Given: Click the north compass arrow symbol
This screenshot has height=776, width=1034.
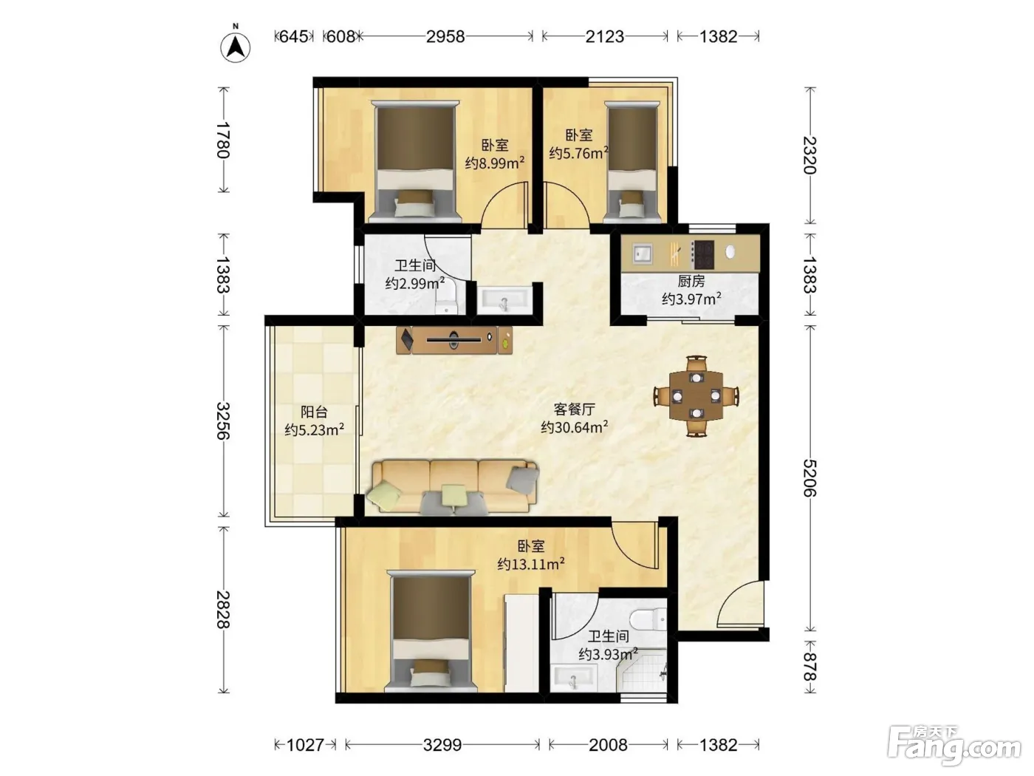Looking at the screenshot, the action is pyautogui.click(x=236, y=47).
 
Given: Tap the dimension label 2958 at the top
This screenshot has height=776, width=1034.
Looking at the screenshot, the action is pyautogui.click(x=445, y=36).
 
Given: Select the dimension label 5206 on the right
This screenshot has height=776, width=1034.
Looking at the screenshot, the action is pyautogui.click(x=809, y=478).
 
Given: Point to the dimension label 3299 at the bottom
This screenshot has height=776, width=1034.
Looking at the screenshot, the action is pyautogui.click(x=442, y=745).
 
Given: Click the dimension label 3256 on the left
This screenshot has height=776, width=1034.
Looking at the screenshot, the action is pyautogui.click(x=223, y=421).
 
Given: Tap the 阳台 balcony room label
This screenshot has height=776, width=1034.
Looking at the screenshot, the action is pyautogui.click(x=314, y=412).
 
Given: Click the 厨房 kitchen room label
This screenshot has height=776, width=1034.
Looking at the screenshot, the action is pyautogui.click(x=691, y=282).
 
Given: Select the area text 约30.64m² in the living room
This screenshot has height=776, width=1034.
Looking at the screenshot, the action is pyautogui.click(x=574, y=427).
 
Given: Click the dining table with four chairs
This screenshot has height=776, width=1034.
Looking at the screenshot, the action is pyautogui.click(x=696, y=396).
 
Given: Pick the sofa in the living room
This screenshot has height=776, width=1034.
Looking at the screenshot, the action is pyautogui.click(x=454, y=487).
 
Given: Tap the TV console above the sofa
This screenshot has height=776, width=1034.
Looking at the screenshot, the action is pyautogui.click(x=454, y=339).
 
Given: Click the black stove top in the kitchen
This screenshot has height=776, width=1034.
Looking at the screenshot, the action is pyautogui.click(x=703, y=255).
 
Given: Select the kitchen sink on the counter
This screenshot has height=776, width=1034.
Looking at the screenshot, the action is pyautogui.click(x=642, y=253).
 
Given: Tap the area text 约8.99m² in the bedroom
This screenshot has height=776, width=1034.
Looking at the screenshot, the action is pyautogui.click(x=495, y=163).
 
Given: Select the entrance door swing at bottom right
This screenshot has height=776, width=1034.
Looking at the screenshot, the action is pyautogui.click(x=740, y=604).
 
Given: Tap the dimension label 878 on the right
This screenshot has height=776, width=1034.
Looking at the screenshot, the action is pyautogui.click(x=809, y=666).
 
